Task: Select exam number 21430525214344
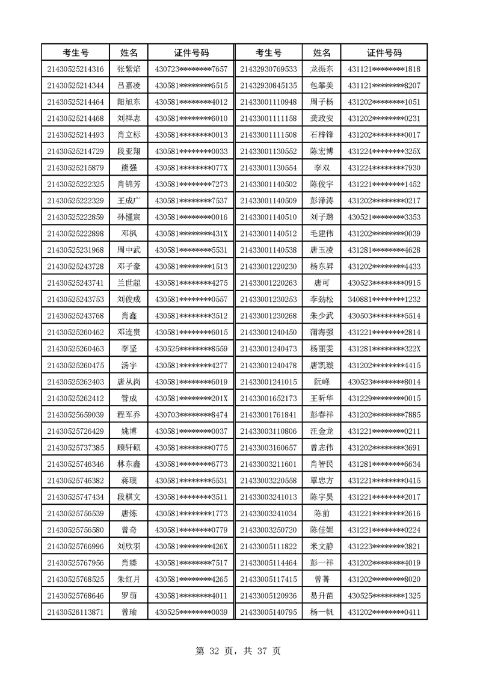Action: [x=76, y=85]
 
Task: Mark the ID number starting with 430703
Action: [x=191, y=415]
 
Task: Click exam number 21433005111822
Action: [x=268, y=546]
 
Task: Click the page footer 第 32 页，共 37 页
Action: [x=239, y=651]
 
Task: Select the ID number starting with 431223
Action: [x=384, y=546]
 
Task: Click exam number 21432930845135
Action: [x=268, y=85]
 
